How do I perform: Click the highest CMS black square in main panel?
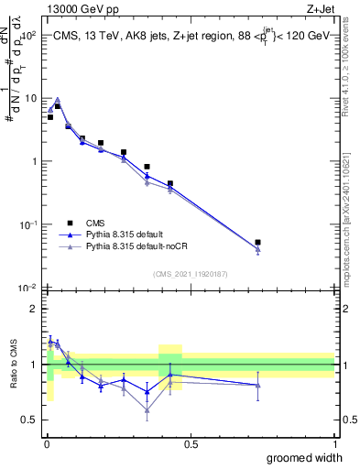[57, 106]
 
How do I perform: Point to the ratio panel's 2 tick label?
[33, 309]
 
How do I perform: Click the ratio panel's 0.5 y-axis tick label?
[29, 420]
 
